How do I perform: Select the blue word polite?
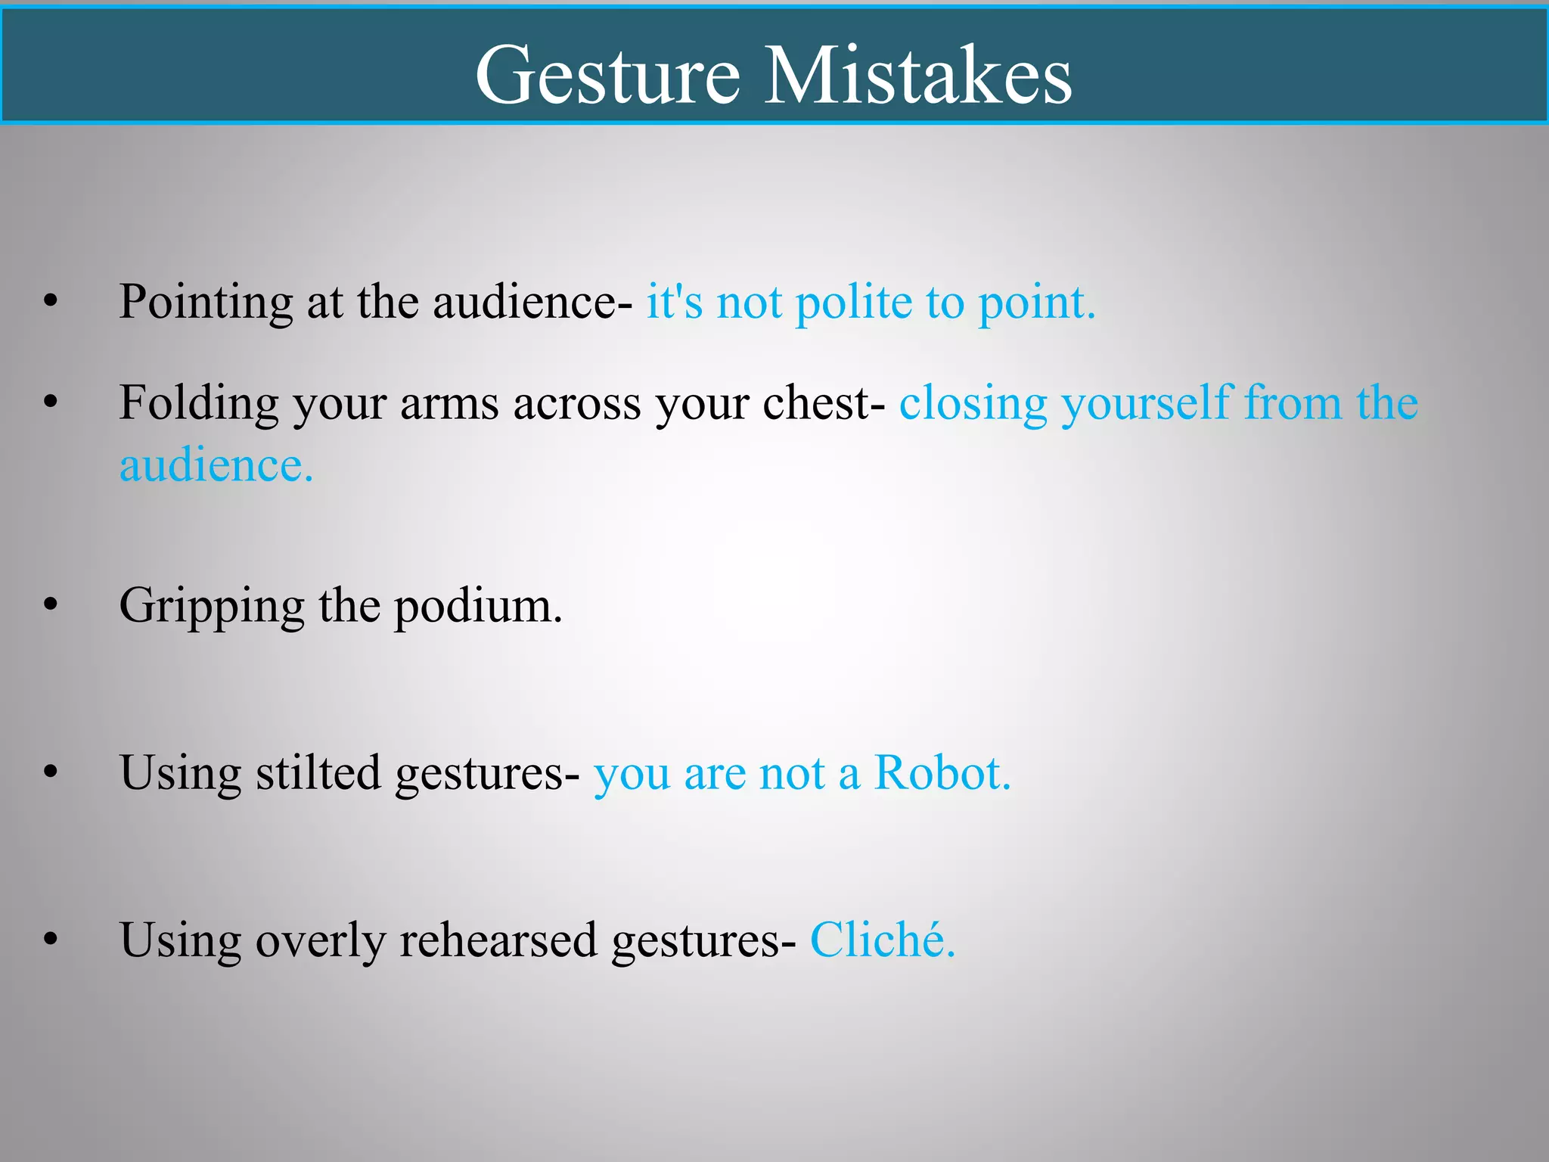(x=854, y=303)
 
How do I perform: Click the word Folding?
(x=198, y=404)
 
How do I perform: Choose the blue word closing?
(x=973, y=404)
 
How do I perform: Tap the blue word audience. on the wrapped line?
(x=216, y=465)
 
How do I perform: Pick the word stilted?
(x=318, y=773)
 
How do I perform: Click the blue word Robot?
(x=942, y=773)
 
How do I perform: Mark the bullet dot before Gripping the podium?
(x=51, y=604)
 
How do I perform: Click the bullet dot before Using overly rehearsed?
(x=51, y=940)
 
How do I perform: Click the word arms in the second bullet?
(x=449, y=403)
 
